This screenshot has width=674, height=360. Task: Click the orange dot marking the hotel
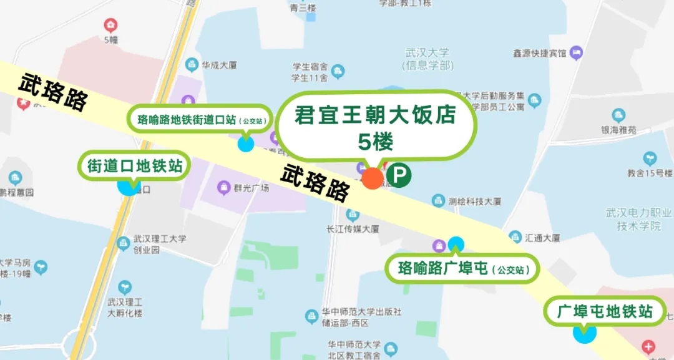(x=373, y=178)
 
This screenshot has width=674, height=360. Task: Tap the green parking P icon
(x=398, y=175)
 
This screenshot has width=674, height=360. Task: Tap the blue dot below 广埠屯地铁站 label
(x=585, y=333)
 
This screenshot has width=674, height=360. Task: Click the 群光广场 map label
(x=251, y=187)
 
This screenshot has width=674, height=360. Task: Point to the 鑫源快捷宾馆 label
(x=539, y=53)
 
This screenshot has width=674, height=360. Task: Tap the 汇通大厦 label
(x=542, y=238)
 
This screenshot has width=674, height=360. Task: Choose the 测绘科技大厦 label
(x=475, y=201)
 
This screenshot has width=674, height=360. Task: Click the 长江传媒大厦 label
(x=353, y=228)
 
